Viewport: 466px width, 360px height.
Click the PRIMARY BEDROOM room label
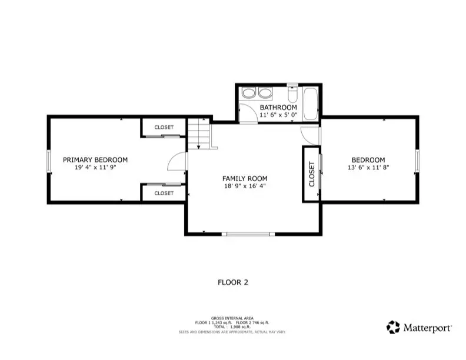point(95,159)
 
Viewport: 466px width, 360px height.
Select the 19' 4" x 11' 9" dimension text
point(95,167)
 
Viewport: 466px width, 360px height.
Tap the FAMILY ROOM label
point(245,178)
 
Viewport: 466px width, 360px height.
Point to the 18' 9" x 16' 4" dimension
point(245,186)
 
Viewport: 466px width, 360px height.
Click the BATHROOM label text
point(278,108)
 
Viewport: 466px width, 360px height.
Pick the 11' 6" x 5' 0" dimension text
point(278,115)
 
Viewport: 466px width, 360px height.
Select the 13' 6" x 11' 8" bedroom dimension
point(368,167)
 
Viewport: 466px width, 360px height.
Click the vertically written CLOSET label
point(312,174)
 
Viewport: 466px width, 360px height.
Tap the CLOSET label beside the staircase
point(164,128)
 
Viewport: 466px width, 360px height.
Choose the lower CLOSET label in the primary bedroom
point(164,193)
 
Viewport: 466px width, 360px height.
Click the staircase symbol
point(199,134)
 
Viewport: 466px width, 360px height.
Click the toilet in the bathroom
point(292,94)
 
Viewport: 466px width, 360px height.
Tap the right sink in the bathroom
point(264,94)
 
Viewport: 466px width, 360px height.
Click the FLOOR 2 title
point(233,282)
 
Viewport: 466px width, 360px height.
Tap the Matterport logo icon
point(393,327)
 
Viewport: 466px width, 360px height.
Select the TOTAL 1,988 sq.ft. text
point(233,326)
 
